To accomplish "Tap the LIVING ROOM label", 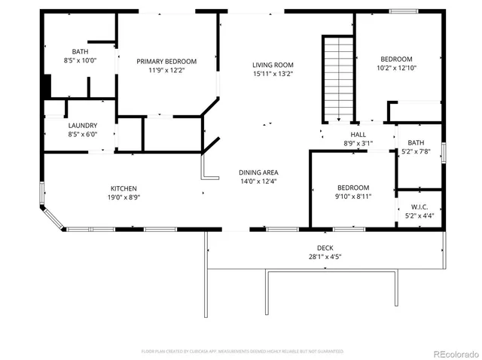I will [x=273, y=65].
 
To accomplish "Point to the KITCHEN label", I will [x=124, y=188].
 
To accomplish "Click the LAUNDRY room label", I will [x=81, y=126].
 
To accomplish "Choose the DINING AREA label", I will [x=259, y=172].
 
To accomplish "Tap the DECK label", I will [x=325, y=248].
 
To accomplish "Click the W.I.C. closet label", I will [x=419, y=207].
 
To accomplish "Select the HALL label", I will [x=358, y=134].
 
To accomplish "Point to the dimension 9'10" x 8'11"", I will [x=353, y=197].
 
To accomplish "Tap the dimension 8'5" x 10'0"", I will [x=81, y=60].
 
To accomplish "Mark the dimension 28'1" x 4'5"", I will [x=325, y=257].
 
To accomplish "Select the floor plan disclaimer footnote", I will [x=243, y=351].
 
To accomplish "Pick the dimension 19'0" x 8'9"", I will [x=124, y=197].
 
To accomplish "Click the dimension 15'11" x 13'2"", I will [x=273, y=74].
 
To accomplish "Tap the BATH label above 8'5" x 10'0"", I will [x=81, y=51].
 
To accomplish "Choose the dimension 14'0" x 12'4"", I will [x=259, y=181].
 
